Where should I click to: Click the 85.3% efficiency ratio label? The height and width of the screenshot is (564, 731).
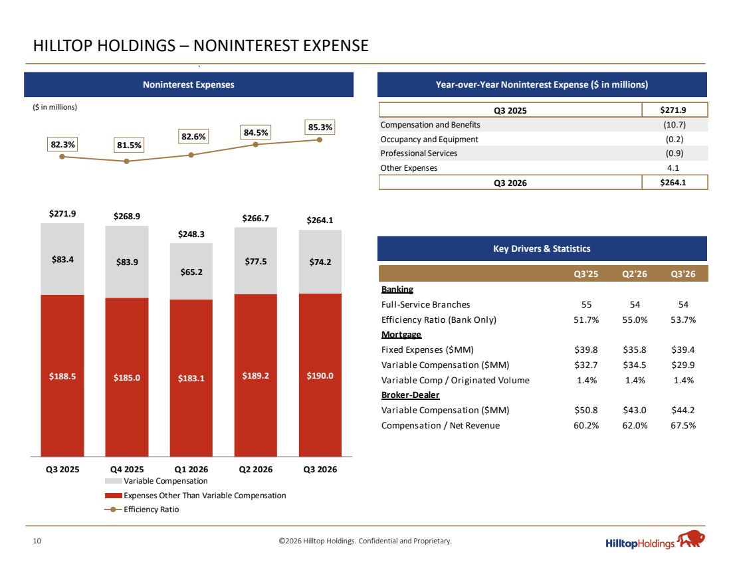pos(320,128)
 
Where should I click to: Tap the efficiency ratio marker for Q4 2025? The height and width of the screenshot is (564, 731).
pos(126,161)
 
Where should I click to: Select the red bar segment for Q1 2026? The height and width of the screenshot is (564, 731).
pos(191,378)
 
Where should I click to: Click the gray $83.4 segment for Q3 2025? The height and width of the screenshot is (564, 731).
pos(62,259)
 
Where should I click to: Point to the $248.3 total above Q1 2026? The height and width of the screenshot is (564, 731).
pos(191,234)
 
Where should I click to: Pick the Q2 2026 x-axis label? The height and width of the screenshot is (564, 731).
pos(255,470)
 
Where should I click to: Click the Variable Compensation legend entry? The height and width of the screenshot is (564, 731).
pos(156,481)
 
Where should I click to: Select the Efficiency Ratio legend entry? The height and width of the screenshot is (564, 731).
pos(142,510)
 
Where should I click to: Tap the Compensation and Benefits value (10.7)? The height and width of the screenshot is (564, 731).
pos(674,124)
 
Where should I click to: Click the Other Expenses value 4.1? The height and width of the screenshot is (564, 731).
pos(673,168)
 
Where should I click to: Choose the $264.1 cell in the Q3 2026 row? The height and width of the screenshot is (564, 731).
pos(673,183)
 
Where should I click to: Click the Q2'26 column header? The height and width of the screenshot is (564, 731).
pos(635,274)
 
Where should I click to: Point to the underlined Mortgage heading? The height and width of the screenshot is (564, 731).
pos(401,335)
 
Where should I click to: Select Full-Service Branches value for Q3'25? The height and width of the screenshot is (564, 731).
pos(587,304)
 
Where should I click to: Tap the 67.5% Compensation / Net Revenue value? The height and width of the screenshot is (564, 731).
pos(683,426)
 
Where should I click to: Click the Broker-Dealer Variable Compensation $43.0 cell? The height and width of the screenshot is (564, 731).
pos(635,410)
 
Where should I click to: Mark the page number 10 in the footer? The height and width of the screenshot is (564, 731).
pos(37,541)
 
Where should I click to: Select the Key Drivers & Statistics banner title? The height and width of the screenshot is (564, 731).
pos(542,249)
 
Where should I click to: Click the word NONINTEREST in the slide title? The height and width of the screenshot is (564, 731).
pos(247,46)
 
